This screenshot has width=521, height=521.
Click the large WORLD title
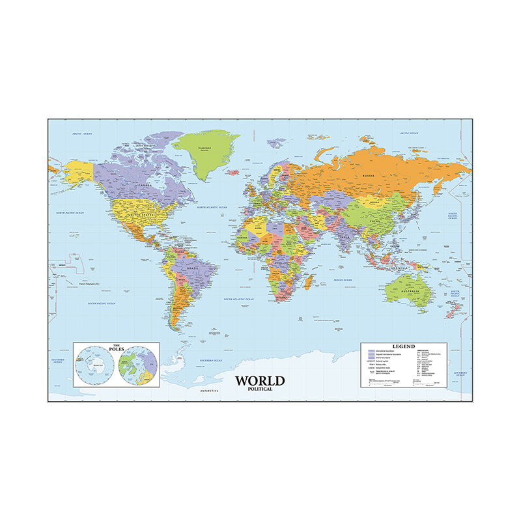point(260,380)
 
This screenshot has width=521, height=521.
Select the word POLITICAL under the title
point(260,389)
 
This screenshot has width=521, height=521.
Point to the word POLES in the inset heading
point(115,348)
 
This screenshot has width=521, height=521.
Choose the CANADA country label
point(143,184)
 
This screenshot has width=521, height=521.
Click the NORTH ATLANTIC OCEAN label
point(213,208)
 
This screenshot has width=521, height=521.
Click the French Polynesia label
point(87,285)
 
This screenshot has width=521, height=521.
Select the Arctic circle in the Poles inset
point(137,365)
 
